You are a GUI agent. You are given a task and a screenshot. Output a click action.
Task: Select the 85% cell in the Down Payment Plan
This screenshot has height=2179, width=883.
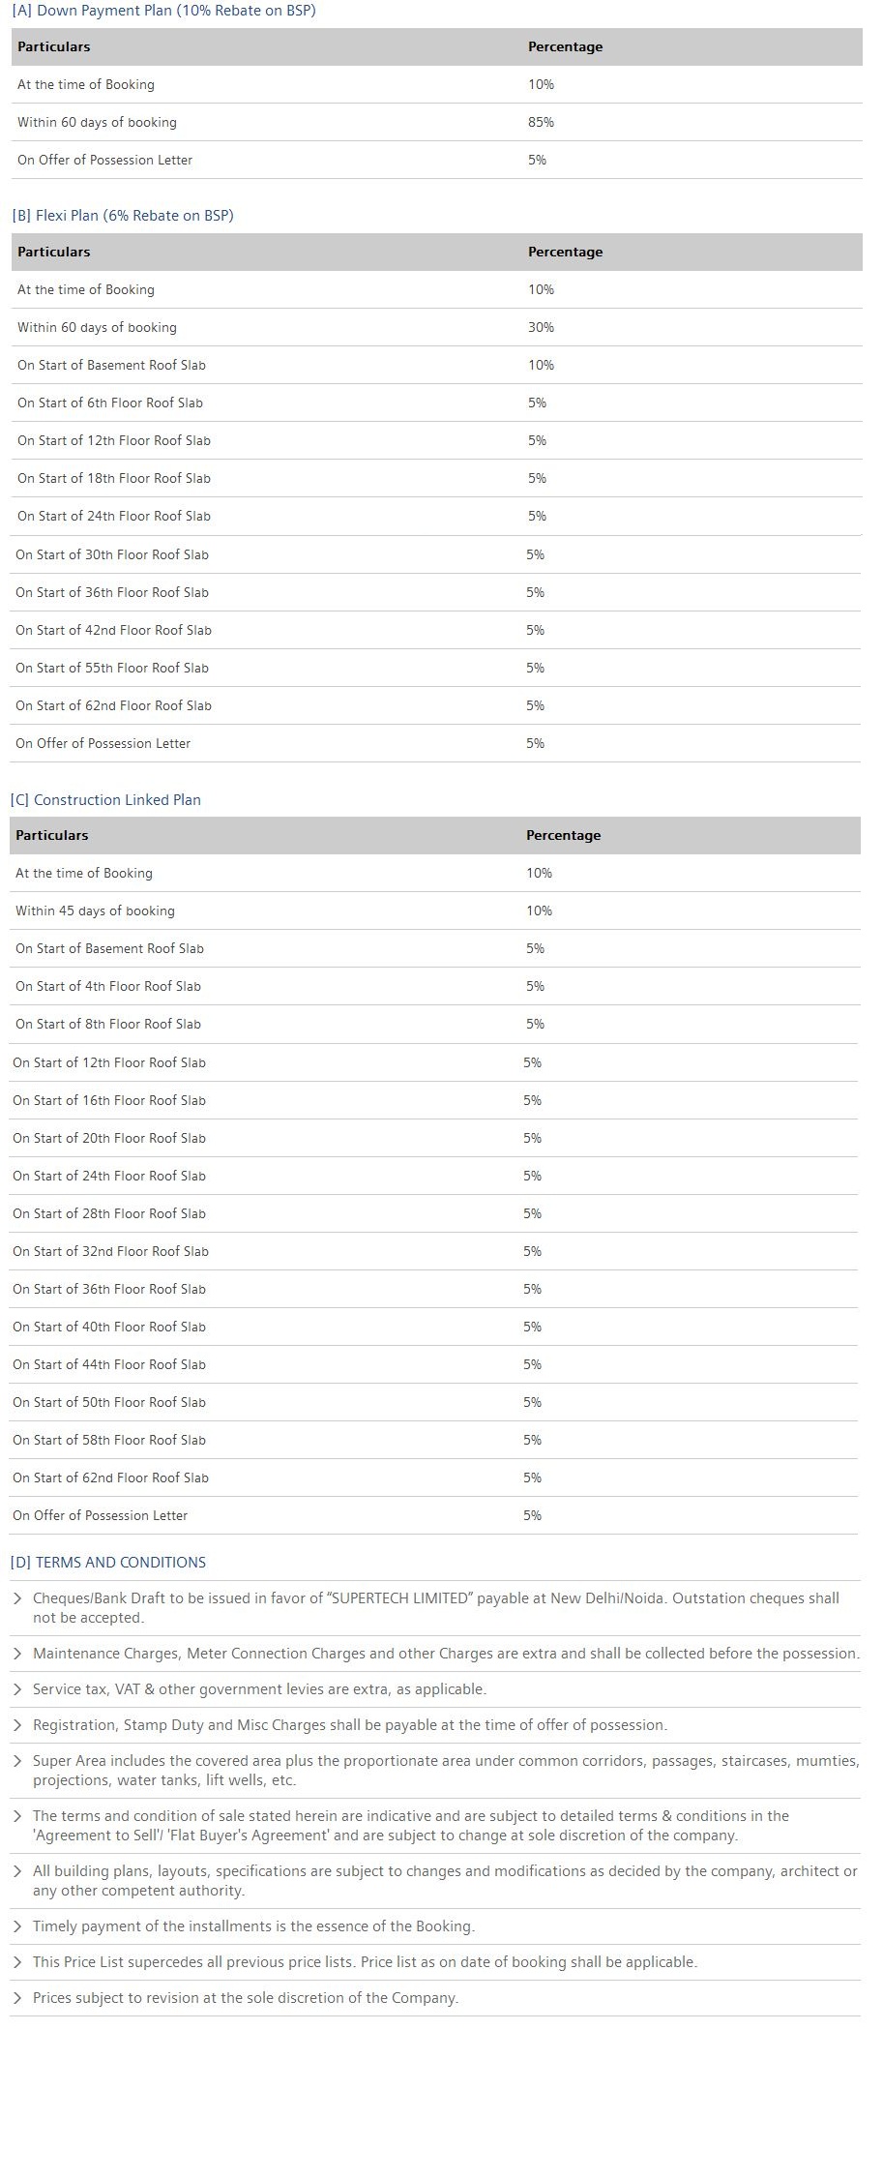[541, 122]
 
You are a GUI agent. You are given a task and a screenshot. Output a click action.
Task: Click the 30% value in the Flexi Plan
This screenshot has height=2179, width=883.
[541, 327]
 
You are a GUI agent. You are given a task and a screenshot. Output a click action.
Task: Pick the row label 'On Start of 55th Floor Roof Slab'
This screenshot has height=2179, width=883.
[112, 668]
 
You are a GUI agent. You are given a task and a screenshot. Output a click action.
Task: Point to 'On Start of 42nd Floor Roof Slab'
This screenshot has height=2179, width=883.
[113, 630]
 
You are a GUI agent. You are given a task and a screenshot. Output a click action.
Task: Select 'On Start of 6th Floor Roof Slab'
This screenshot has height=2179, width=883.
[110, 403]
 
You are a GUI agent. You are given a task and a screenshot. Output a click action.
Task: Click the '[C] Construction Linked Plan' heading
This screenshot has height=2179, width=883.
[105, 799]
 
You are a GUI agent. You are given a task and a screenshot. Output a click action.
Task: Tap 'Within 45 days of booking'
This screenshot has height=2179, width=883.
[95, 910]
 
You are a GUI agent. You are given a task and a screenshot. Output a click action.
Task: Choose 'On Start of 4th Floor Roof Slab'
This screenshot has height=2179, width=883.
[108, 986]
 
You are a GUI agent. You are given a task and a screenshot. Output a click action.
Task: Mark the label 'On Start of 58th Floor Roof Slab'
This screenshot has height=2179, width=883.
[109, 1440]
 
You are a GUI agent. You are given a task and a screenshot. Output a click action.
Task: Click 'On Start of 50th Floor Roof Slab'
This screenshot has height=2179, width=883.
[109, 1402]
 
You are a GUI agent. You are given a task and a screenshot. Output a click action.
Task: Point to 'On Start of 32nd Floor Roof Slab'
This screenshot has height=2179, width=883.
[110, 1251]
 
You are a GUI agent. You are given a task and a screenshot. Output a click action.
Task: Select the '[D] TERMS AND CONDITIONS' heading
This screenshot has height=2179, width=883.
[107, 1562]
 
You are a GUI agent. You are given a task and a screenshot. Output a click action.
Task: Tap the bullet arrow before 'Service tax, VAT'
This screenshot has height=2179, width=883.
[17, 1688]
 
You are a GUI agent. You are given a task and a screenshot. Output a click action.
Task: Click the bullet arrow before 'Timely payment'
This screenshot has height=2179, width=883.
[17, 1925]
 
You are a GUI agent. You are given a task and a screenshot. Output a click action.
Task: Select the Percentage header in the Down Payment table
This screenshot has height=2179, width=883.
[565, 46]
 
